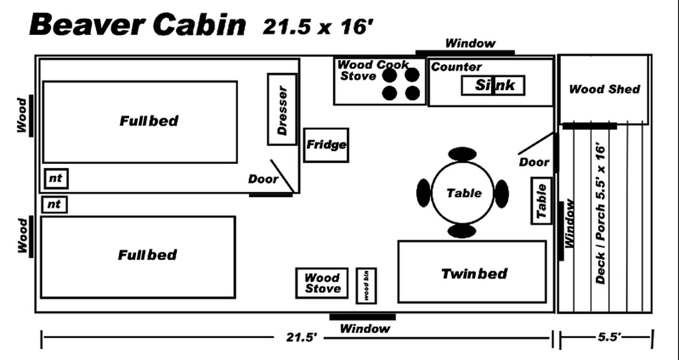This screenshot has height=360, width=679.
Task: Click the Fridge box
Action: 326,145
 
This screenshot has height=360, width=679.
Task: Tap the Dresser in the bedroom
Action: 282,109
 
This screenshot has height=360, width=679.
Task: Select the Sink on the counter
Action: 493,85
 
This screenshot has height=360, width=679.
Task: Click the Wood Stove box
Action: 322,283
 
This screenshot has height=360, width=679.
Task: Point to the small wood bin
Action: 366,286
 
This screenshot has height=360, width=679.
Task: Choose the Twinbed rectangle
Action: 472,272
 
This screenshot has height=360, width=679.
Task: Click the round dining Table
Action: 463,193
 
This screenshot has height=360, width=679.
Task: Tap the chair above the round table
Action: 462,154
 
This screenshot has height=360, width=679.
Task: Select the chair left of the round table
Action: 423,193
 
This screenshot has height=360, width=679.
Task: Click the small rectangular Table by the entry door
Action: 542,201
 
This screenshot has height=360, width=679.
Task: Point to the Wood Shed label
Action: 604,89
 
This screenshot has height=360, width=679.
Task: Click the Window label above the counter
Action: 470,44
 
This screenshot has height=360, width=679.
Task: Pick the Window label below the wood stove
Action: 365,328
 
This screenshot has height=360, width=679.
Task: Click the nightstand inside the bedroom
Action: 56,179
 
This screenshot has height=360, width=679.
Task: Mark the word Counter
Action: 456,67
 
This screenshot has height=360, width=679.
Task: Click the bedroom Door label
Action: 263,179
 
